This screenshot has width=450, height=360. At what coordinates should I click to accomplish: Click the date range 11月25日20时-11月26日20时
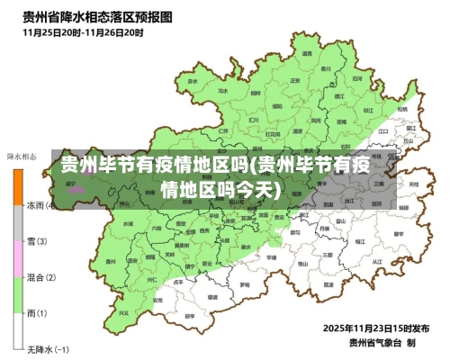click(81, 32)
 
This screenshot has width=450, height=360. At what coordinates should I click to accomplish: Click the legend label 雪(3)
click(37, 241)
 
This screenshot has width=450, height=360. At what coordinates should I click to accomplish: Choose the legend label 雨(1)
click(37, 313)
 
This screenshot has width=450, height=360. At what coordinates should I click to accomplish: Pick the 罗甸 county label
click(245, 284)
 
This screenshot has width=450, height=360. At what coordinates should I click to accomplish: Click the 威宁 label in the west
click(70, 184)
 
